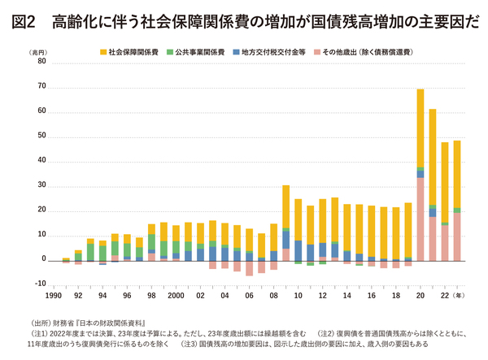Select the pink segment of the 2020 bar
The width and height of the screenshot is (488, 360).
pyautogui.click(x=420, y=219)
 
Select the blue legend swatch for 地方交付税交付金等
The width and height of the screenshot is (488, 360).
pyautogui.click(x=235, y=52)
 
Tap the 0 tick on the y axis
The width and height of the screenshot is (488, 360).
pyautogui.click(x=45, y=260)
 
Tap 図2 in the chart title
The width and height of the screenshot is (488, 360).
pyautogui.click(x=24, y=20)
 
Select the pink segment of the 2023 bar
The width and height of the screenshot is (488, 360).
pyautogui.click(x=457, y=236)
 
